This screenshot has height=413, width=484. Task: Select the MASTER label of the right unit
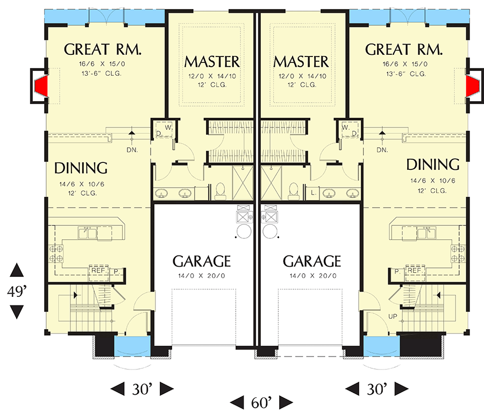(x=301, y=61)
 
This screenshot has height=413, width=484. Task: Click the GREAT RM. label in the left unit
(x=103, y=50)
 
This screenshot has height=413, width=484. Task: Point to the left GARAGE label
(x=202, y=261)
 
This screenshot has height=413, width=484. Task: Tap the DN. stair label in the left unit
(x=133, y=149)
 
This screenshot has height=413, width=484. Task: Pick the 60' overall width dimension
(x=261, y=401)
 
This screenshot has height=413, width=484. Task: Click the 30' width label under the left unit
(x=143, y=388)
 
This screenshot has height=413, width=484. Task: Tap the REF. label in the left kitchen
(x=96, y=272)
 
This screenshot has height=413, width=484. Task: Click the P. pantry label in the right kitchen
(x=396, y=272)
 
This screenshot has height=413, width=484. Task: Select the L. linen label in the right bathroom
(x=312, y=192)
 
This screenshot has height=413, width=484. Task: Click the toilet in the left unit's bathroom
(x=219, y=189)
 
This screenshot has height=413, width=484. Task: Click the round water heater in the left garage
(x=244, y=232)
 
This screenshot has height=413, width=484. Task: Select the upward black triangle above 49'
(x=17, y=270)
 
